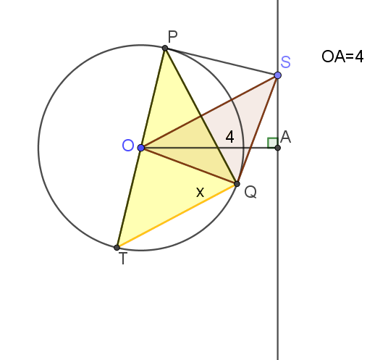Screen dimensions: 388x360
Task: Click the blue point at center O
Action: tap(141, 148)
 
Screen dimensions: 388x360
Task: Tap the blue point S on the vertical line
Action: tap(278, 75)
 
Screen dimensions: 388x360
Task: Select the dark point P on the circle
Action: tap(165, 48)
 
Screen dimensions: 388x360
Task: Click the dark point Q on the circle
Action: tap(237, 184)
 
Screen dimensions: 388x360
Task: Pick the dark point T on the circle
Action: tap(117, 247)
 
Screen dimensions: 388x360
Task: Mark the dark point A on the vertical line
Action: tap(278, 148)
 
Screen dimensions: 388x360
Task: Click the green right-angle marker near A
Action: tap(272, 143)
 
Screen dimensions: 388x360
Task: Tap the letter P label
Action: tap(172, 37)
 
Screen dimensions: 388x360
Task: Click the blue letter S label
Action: tap(285, 62)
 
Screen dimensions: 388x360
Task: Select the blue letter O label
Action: tap(128, 145)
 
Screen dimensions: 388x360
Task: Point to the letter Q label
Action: tap(250, 192)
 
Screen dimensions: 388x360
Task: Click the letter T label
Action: tap(123, 259)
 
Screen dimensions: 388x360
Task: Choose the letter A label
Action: tap(286, 137)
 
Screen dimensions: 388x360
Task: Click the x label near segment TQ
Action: tap(200, 193)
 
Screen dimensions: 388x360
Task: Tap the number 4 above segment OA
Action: tap(230, 137)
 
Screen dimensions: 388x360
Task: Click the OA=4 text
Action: tap(342, 56)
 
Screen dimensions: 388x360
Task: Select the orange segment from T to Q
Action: tap(177, 216)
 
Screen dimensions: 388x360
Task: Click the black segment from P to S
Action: tap(222, 62)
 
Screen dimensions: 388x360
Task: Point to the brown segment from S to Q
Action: tap(257, 130)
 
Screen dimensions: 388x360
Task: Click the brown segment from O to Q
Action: tap(189, 166)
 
